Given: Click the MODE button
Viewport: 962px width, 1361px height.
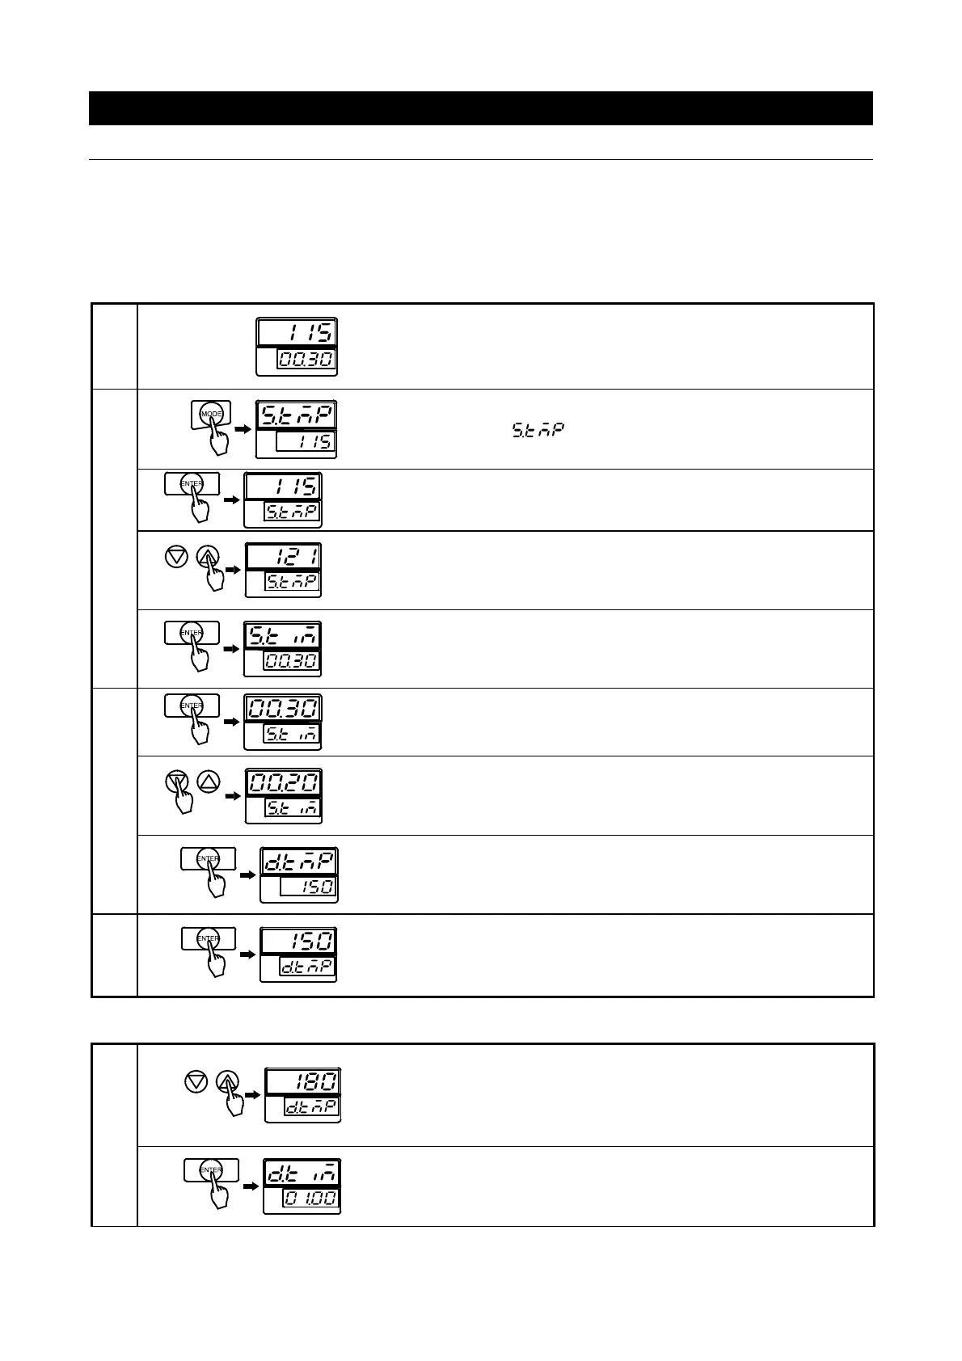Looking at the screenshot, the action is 211,414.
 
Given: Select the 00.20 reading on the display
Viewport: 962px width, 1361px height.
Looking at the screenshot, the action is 284,783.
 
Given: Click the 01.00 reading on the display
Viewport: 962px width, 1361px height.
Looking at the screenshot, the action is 310,1197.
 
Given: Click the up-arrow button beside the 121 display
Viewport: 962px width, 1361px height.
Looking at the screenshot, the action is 209,556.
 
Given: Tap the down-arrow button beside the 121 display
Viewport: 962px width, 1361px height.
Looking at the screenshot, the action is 175,556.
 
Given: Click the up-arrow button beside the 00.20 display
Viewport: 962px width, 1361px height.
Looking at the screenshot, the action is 209,782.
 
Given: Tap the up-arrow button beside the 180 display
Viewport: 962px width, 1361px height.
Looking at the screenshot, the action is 229,1081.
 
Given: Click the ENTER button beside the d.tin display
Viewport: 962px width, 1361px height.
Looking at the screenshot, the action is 211,1169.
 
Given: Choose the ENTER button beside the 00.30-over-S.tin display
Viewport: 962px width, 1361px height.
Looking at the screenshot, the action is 192,706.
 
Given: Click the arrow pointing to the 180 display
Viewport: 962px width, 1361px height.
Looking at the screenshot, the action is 253,1094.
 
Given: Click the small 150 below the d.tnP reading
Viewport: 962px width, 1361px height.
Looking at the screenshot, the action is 309,887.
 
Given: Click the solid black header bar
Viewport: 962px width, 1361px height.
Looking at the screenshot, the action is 480,108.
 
